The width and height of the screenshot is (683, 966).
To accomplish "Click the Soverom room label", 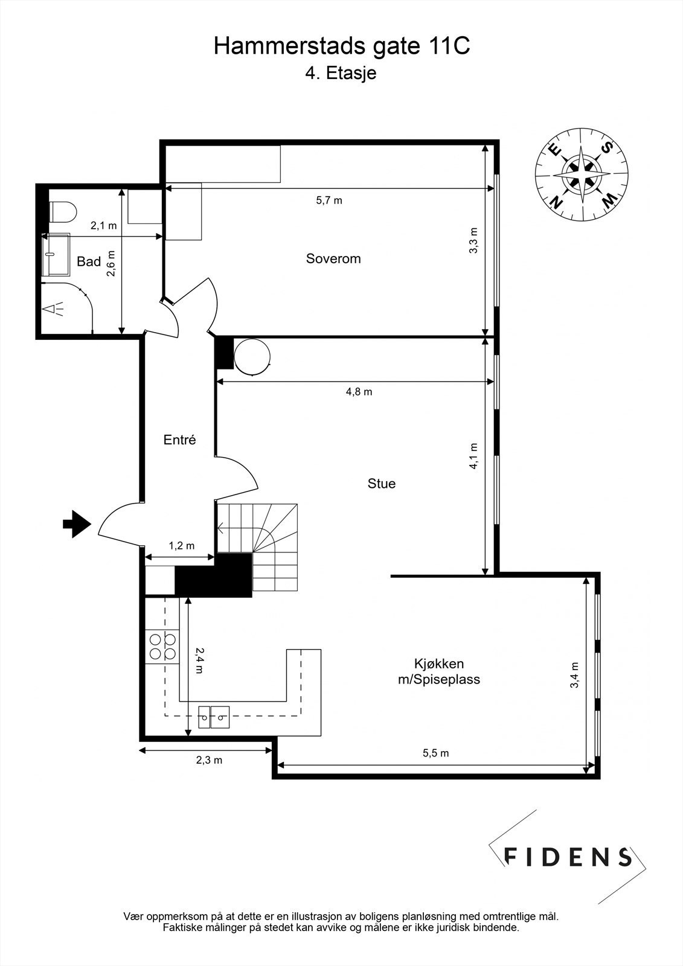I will click(333, 259).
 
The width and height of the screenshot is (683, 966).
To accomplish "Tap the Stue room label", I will click(382, 484).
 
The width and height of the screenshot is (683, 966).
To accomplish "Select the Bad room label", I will click(89, 262).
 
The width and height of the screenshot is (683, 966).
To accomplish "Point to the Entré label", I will click(180, 440).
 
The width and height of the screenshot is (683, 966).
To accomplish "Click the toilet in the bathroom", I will click(63, 213).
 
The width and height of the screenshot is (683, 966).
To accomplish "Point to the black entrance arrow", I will click(77, 523).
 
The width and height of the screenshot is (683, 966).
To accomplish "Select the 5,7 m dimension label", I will click(329, 200).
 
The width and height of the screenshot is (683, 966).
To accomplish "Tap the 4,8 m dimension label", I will click(359, 392).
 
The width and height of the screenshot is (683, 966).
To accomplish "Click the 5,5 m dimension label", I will click(435, 753).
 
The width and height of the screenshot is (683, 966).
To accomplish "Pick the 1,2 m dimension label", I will click(181, 546).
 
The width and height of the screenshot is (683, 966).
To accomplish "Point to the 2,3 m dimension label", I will click(209, 760).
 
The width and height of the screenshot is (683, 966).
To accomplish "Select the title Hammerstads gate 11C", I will click(341, 46).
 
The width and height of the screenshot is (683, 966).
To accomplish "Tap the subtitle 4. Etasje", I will click(341, 74).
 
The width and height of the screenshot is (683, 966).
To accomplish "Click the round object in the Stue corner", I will click(252, 356).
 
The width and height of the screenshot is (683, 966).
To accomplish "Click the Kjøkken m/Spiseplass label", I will click(438, 671).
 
